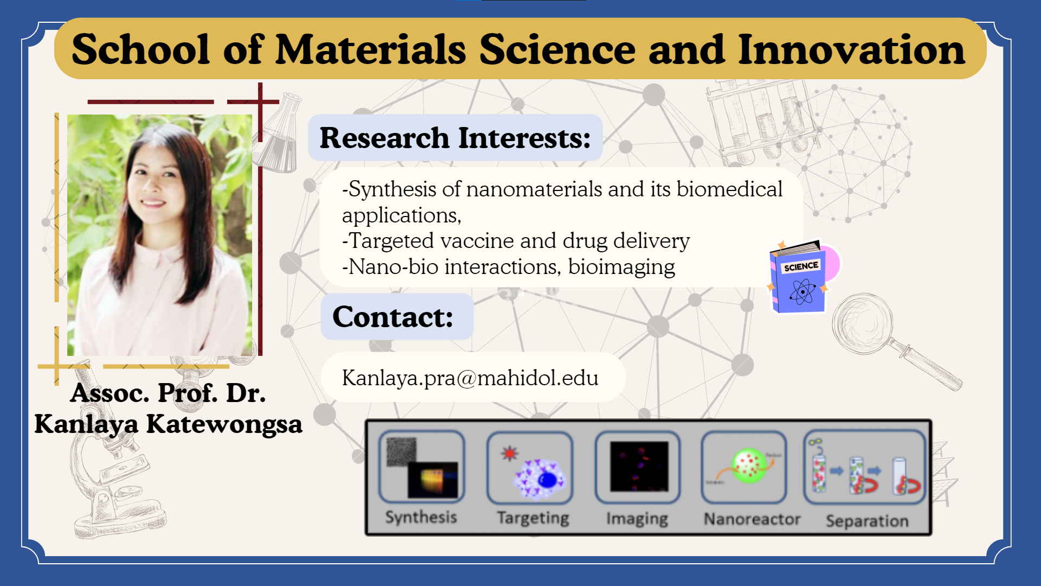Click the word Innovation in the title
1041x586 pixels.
pos(852,49)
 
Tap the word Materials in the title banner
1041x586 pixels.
pos(371,49)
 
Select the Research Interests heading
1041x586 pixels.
pos(455,138)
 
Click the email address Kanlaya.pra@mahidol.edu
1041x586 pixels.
pos(470,378)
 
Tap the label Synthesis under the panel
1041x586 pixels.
pos(421,517)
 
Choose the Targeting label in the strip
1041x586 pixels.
pos(533,518)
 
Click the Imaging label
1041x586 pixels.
pos(637,519)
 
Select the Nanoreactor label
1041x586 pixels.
pos(752,519)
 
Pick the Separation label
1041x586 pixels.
pos(867,521)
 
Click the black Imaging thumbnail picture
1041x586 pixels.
pos(639,466)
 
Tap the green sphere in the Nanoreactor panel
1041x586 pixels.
pos(749,465)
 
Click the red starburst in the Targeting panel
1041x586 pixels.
pos(510,453)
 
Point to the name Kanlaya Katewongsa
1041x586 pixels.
pos(168,424)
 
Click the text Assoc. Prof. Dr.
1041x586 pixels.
pos(168,392)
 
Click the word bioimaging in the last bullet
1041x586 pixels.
pos(621,267)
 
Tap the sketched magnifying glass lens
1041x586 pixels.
pos(862,323)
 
